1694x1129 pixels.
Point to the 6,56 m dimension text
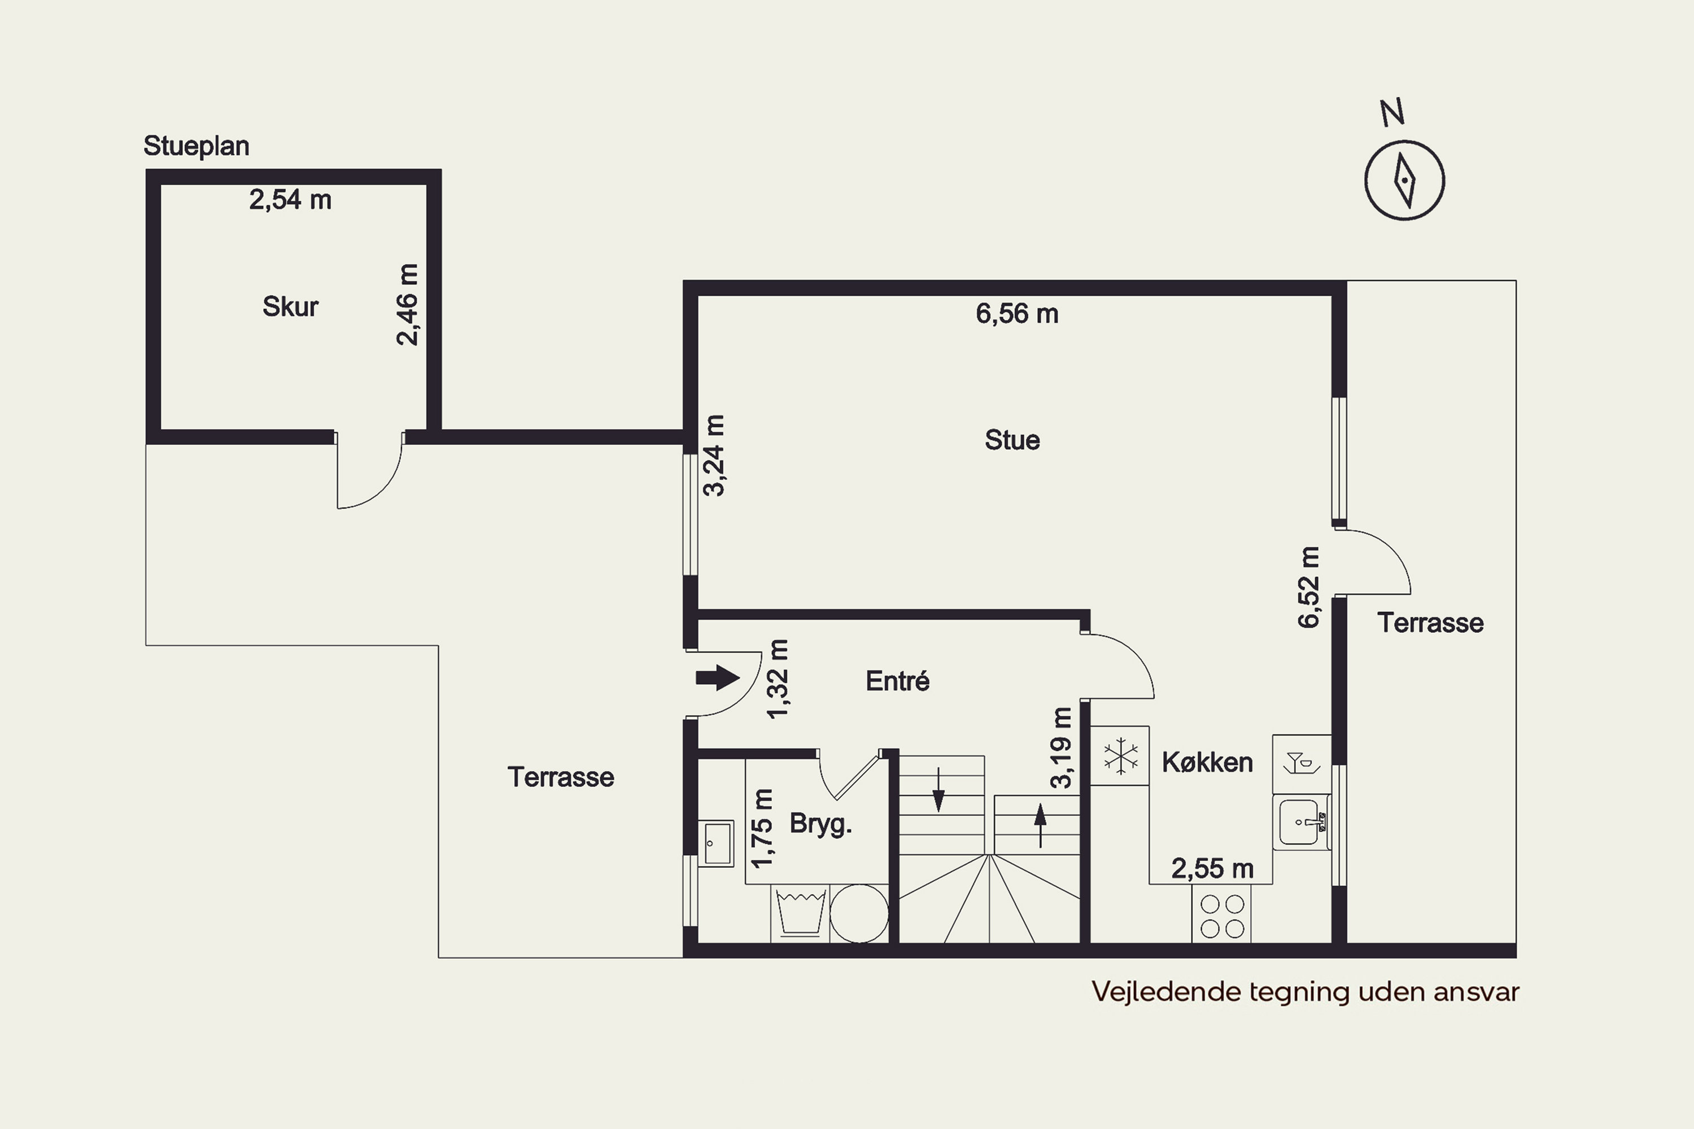[1017, 314]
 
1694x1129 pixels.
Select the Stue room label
[1012, 440]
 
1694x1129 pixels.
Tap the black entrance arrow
[717, 677]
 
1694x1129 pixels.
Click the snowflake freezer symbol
[1121, 756]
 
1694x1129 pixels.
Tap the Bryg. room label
[820, 824]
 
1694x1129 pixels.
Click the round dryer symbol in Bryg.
[859, 913]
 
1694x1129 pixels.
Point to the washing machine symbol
[800, 913]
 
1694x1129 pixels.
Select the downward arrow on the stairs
[938, 790]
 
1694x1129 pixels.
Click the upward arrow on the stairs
[1040, 825]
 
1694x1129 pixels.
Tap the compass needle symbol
[1404, 180]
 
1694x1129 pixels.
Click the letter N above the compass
[1391, 112]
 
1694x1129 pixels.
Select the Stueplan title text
[196, 146]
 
